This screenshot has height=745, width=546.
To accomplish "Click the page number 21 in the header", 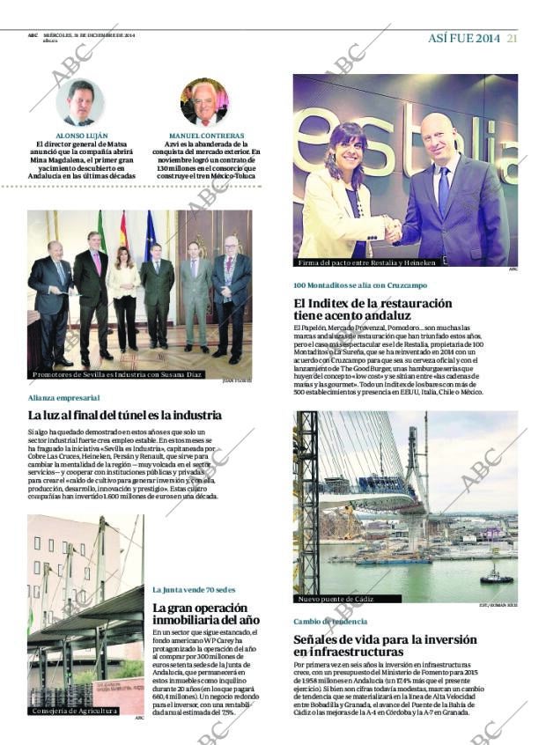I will pyautogui.click(x=512, y=37).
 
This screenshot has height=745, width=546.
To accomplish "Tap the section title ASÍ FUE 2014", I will pyautogui.click(x=463, y=37).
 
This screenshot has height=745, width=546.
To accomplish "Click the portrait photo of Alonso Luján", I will pyautogui.click(x=80, y=102).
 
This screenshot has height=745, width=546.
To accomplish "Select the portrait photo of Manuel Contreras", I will pyautogui.click(x=204, y=101).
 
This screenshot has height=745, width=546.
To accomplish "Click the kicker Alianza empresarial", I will pyautogui.click(x=63, y=398).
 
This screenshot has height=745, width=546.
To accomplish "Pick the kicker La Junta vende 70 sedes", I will pyautogui.click(x=194, y=589).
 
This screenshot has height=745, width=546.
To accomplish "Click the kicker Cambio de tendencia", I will pyautogui.click(x=330, y=621).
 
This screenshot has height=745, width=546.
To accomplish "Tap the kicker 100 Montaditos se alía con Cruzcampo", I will pyautogui.click(x=361, y=284).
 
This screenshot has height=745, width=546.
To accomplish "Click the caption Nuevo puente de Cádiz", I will pyautogui.click(x=337, y=599).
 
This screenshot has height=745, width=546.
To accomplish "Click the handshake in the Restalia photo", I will pyautogui.click(x=393, y=230).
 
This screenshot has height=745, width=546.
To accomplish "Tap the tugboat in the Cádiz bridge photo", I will pyautogui.click(x=495, y=577).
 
